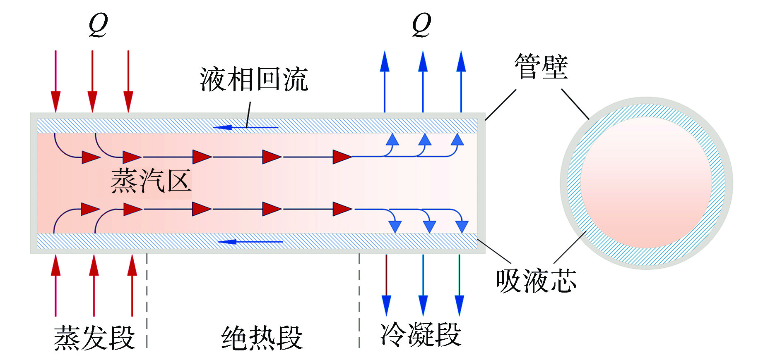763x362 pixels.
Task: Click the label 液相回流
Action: tap(254, 79)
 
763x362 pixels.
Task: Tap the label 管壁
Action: tap(541, 67)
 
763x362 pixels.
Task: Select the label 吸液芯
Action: tap(536, 281)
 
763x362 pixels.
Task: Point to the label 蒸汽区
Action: tap(151, 181)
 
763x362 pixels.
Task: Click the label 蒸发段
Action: tap(94, 338)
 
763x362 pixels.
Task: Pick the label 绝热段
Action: tap(262, 338)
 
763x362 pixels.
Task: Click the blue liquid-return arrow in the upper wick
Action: tap(246, 127)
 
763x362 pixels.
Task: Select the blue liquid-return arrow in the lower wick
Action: tap(250, 242)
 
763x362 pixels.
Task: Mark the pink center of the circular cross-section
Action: tap(646, 183)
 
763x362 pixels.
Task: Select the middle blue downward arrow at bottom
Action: tap(423, 285)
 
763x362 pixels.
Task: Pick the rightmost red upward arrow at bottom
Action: tap(132, 285)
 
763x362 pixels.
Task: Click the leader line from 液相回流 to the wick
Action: tap(248, 114)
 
